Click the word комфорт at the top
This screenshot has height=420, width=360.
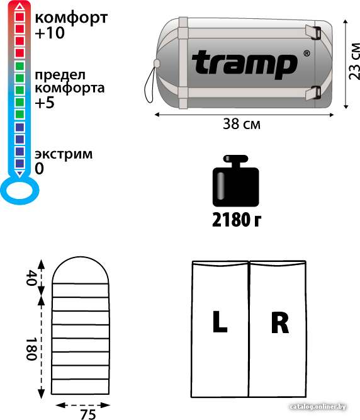[71, 18]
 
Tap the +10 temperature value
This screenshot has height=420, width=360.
[50, 33]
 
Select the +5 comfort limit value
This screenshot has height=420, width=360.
[45, 103]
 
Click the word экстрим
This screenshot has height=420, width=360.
[64, 154]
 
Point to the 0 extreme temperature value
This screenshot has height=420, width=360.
[39, 169]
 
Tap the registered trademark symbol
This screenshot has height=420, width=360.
[307, 54]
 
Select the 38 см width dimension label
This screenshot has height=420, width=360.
[242, 124]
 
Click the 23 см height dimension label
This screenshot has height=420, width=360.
[354, 61]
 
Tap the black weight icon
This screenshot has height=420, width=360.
[236, 181]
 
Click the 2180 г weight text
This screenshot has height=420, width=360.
[237, 220]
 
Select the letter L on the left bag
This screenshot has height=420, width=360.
[220, 321]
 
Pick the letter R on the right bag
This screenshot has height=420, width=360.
[279, 322]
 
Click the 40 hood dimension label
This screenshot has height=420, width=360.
[31, 278]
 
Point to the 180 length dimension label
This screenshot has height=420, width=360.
[31, 349]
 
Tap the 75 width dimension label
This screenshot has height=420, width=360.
[88, 414]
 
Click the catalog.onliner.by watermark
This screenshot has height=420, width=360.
[318, 407]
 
